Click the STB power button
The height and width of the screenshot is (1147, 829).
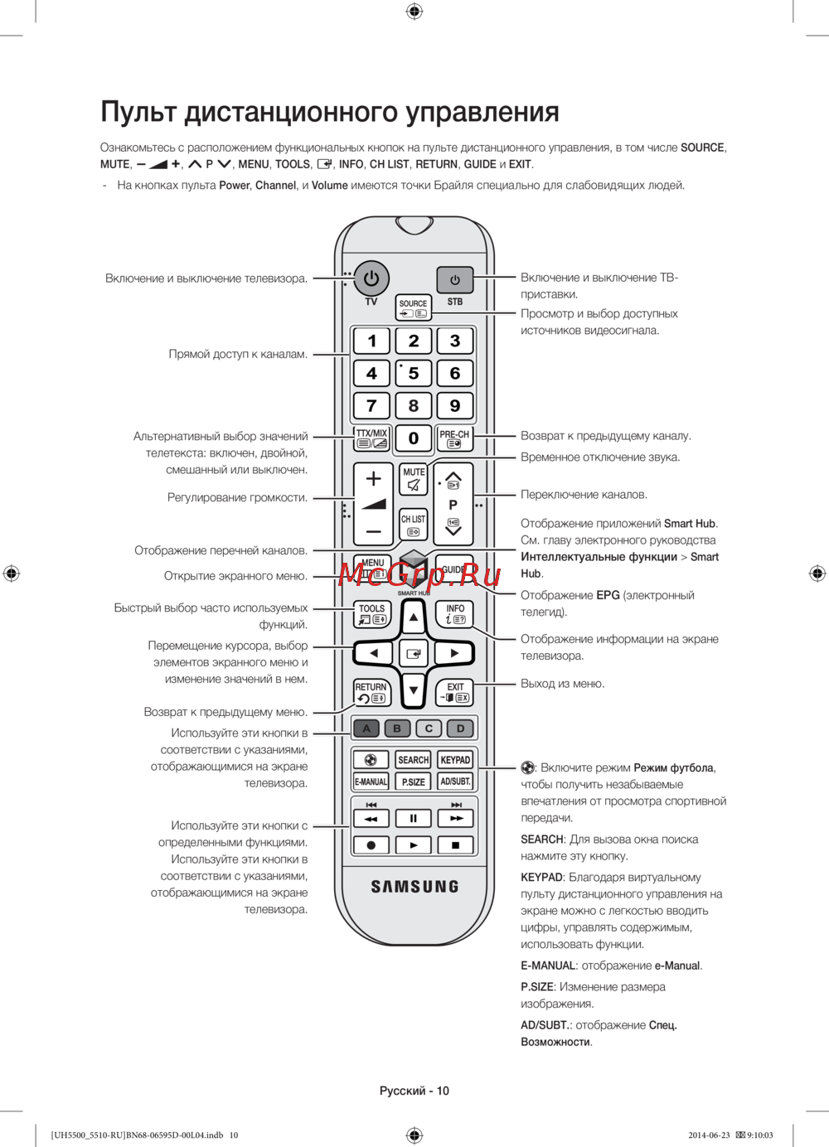click(454, 280)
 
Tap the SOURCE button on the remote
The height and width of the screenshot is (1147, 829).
click(413, 308)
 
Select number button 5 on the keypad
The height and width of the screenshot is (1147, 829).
click(413, 373)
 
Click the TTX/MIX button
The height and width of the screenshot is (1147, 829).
click(371, 438)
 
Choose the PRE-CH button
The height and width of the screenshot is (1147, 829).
click(454, 438)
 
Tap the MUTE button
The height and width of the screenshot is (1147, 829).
click(413, 479)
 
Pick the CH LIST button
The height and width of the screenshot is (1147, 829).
click(413, 525)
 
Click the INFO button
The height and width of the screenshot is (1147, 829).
click(455, 613)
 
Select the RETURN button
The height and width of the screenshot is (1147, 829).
click(371, 693)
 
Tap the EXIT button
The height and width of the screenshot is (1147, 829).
click(455, 693)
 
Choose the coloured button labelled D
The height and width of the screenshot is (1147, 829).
click(460, 728)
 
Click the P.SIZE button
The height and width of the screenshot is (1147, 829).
click(413, 782)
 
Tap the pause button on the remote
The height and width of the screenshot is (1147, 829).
click(413, 819)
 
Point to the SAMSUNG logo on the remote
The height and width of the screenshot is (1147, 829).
click(414, 887)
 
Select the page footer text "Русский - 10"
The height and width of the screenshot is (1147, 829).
click(414, 1091)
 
